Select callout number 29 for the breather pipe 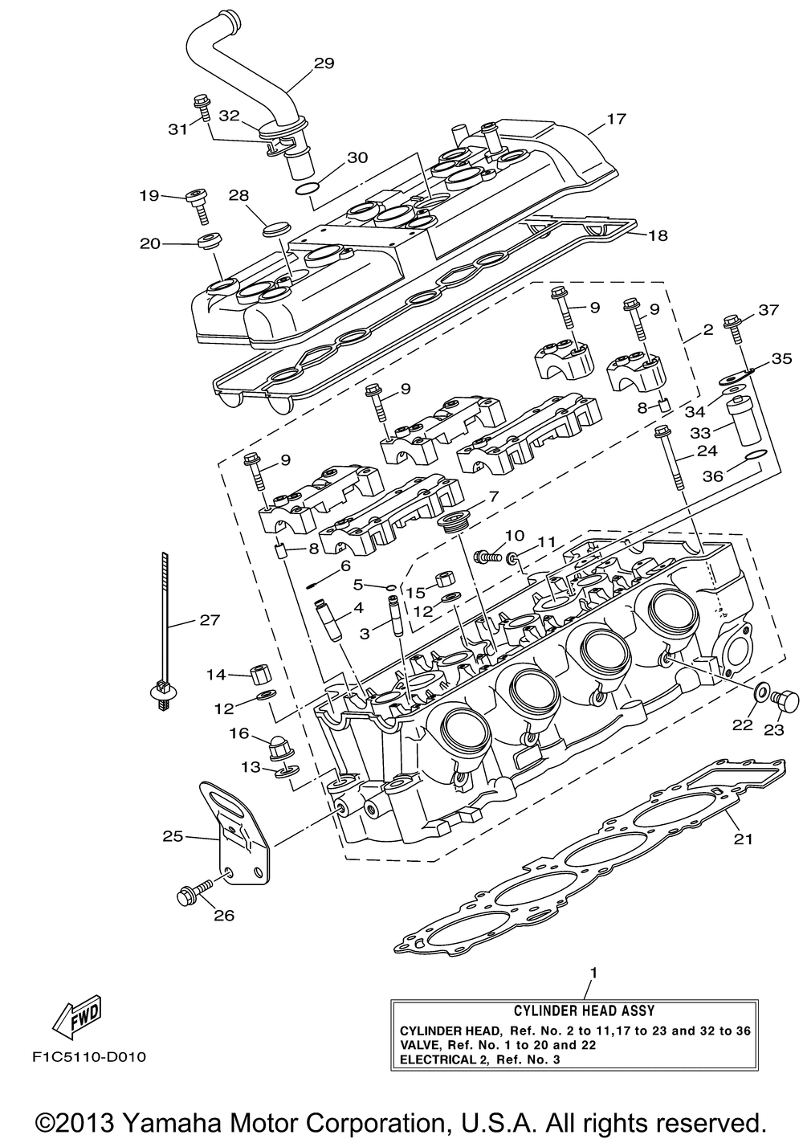pyautogui.click(x=324, y=63)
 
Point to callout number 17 pyautogui.click(x=616, y=119)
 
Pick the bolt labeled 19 pyautogui.click(x=199, y=205)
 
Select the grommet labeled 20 pyautogui.click(x=210, y=240)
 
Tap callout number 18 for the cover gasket pyautogui.click(x=658, y=235)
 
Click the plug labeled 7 pyautogui.click(x=453, y=523)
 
